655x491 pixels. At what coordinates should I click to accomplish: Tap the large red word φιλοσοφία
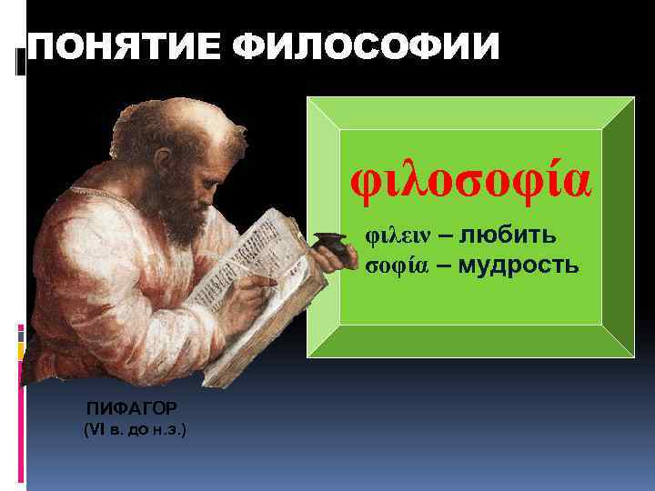tap(471, 180)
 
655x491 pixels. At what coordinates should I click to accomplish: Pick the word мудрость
tap(518, 265)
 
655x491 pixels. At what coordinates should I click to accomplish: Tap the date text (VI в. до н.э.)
tap(135, 427)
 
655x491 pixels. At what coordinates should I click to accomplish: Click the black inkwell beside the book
tap(327, 245)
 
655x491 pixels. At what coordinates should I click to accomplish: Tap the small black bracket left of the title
tap(20, 60)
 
